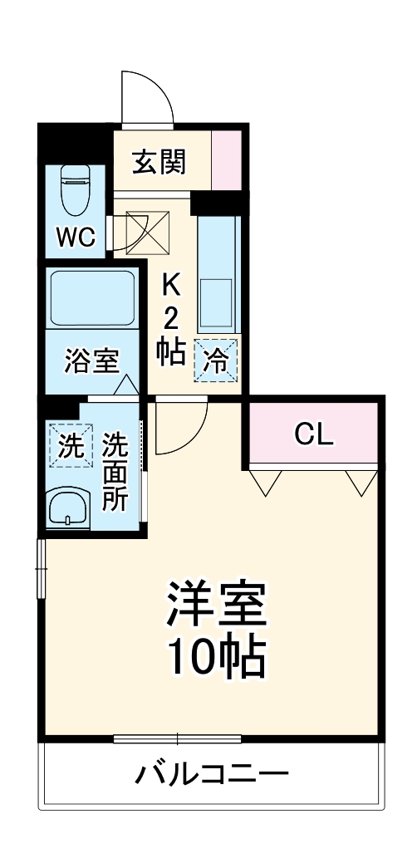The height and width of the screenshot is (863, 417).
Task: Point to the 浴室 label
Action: coord(92,362)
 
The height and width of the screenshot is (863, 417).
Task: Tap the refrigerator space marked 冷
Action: coord(215,360)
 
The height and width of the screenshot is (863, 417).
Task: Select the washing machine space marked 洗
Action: coord(70,446)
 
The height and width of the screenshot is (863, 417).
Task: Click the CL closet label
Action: coord(315,433)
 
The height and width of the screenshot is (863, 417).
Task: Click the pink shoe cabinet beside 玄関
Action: coord(227,160)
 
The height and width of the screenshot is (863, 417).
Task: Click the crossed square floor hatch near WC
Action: coord(148,231)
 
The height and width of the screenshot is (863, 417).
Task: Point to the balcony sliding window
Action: coord(177,738)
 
